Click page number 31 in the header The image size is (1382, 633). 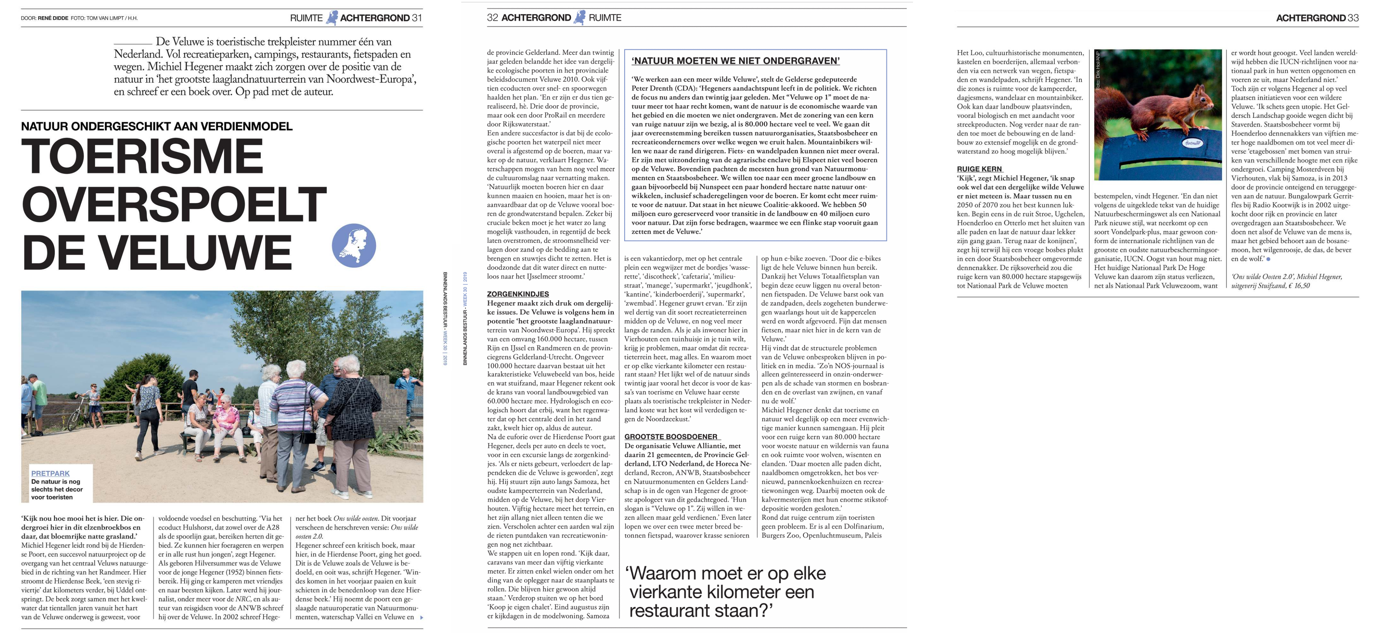point(417,18)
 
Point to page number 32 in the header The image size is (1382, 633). point(493,18)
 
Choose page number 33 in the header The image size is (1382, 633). point(1353,18)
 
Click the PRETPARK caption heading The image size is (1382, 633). point(50,473)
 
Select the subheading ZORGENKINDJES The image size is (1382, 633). point(518,294)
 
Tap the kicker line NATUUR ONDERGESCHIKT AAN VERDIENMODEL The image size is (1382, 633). point(157,126)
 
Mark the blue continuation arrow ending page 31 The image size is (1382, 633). point(421,617)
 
